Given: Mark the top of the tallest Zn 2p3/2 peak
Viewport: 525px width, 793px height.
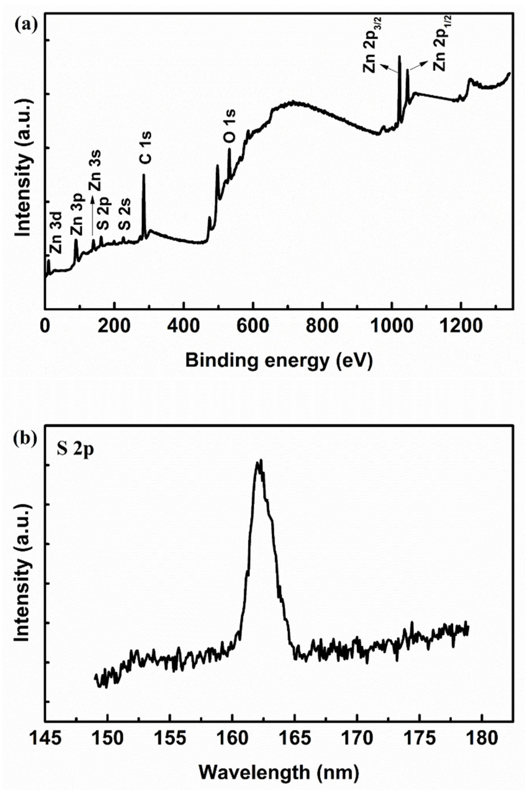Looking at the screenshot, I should point(399,56).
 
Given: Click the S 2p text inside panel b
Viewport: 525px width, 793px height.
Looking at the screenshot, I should point(74,449).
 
